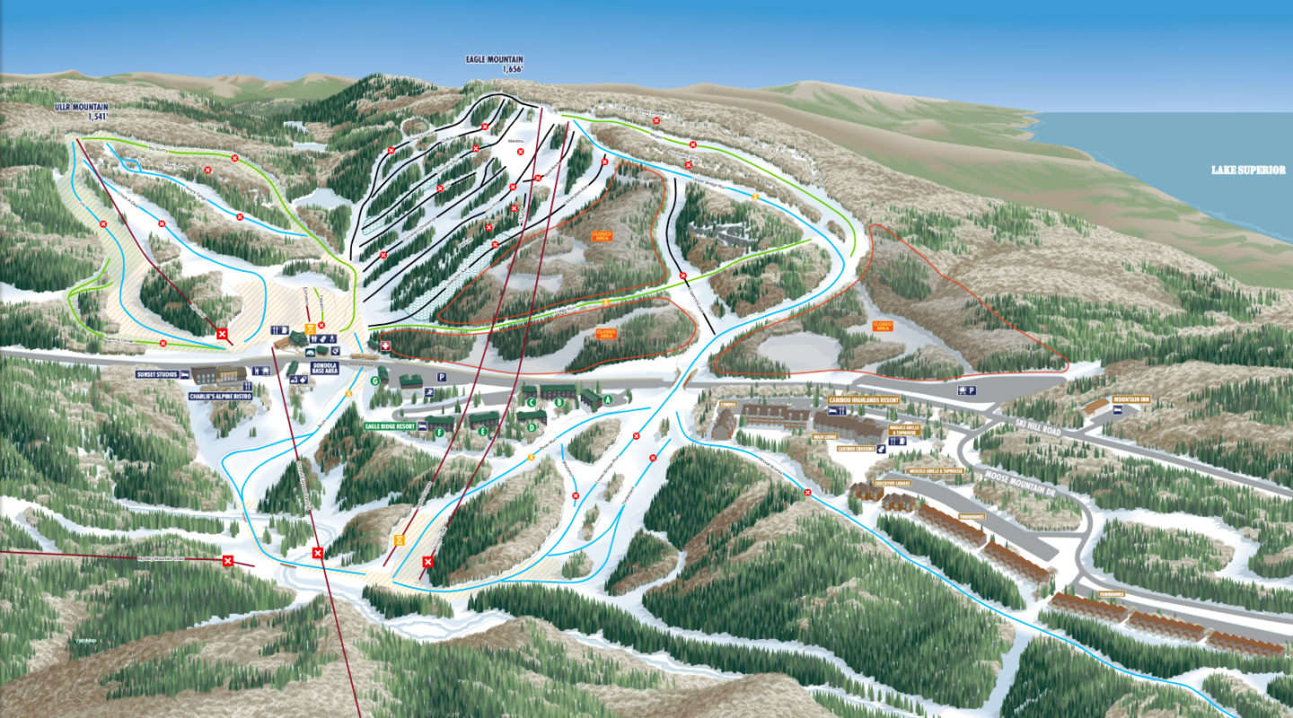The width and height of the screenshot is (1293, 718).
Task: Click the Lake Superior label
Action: click(1247, 170)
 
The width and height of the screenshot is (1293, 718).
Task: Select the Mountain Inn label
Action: click(1131, 399)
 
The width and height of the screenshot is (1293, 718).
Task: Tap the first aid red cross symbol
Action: click(385, 346)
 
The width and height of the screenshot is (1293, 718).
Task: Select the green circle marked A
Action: click(608, 398)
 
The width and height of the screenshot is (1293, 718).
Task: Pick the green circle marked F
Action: click(439, 433)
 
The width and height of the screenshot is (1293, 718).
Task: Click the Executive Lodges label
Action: click(898, 482)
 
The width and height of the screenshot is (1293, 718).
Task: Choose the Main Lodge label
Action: click(825, 437)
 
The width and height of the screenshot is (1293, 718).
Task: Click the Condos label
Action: click(727, 405)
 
